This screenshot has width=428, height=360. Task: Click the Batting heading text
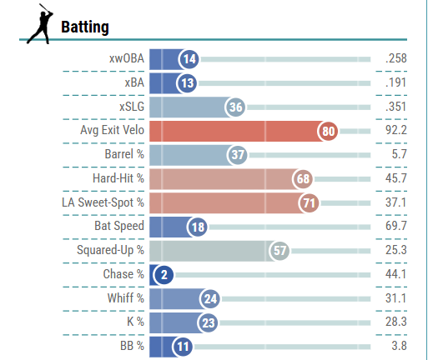(x=85, y=27)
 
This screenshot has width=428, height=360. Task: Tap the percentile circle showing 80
(x=328, y=131)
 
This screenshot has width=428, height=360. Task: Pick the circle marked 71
(x=309, y=202)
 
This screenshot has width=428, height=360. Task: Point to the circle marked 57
(x=279, y=250)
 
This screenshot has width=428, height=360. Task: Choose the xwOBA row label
(x=126, y=59)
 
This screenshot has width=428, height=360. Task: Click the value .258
(x=395, y=59)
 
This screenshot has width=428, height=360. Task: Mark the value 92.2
(x=395, y=131)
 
